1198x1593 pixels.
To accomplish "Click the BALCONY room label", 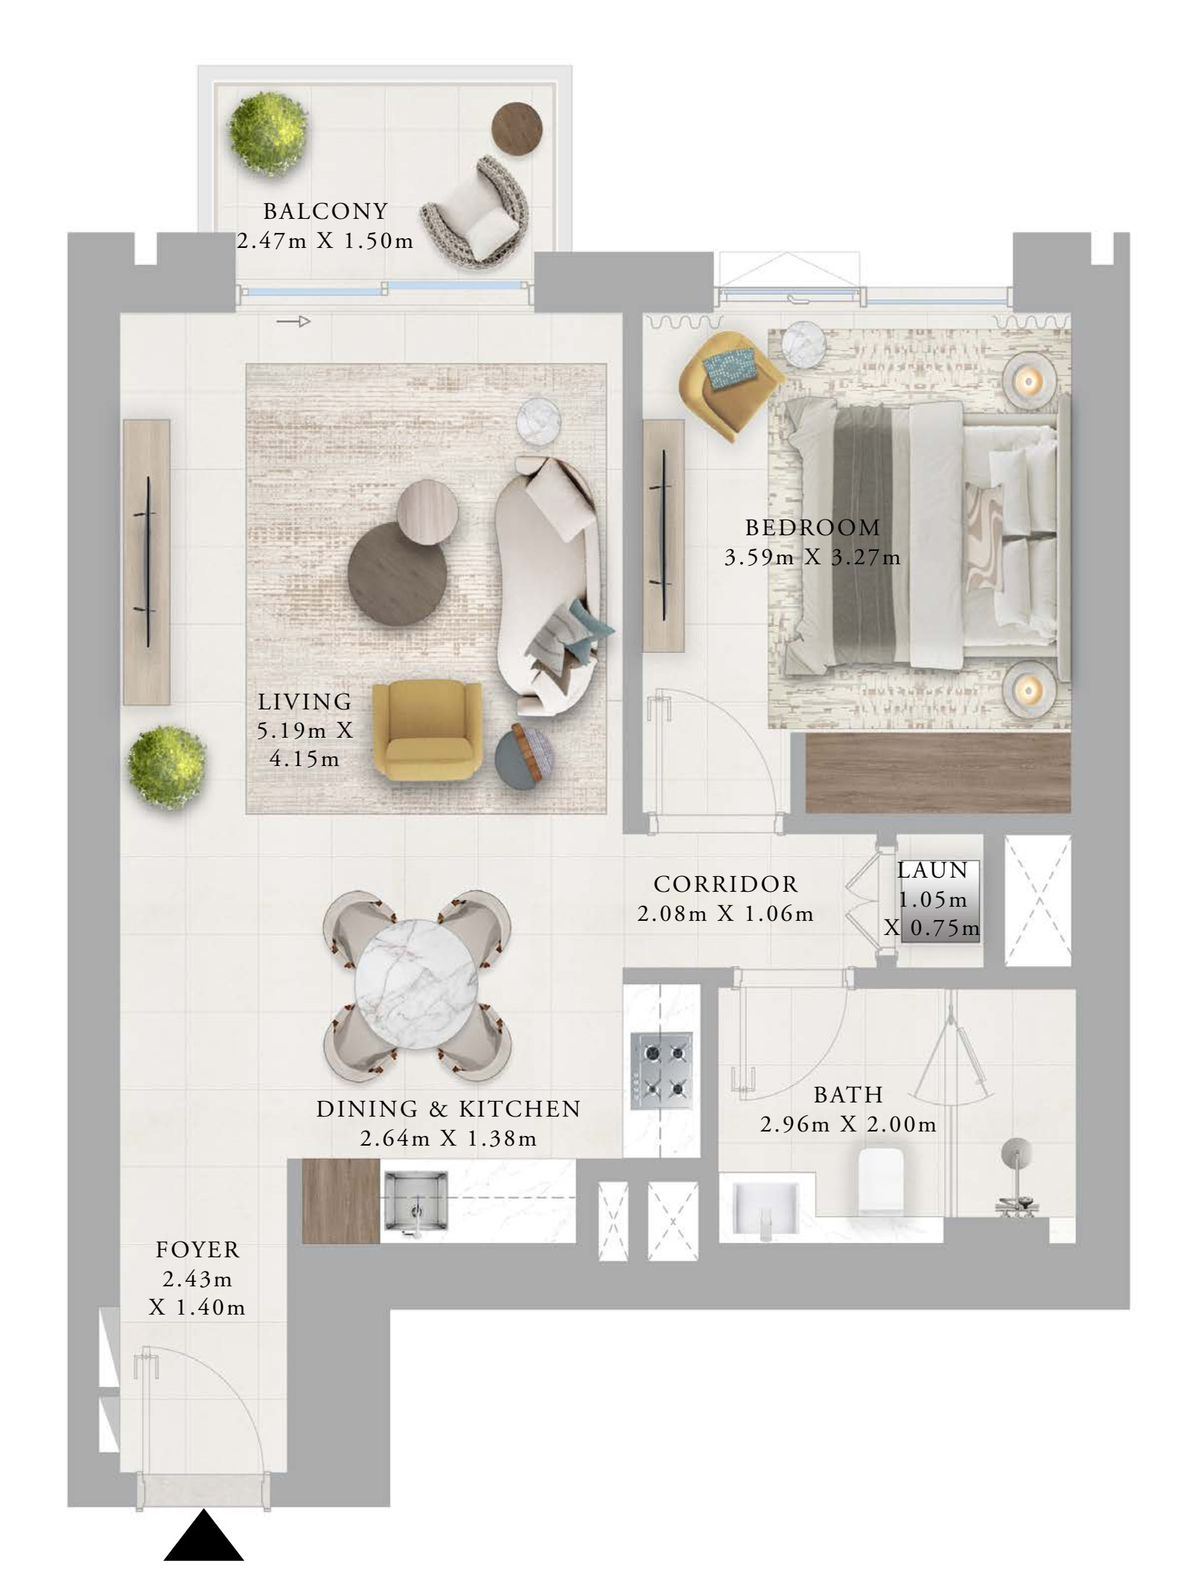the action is pyautogui.click(x=325, y=211).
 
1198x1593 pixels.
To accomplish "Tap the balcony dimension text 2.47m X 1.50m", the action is pyautogui.click(x=325, y=241).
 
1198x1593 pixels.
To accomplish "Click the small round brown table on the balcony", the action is pyautogui.click(x=517, y=128).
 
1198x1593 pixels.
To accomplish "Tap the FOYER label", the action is pyautogui.click(x=197, y=1250).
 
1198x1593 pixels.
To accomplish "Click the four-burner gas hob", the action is pyautogui.click(x=661, y=1069).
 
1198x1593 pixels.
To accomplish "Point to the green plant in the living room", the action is pyautogui.click(x=167, y=767).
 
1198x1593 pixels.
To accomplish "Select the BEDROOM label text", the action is pyautogui.click(x=813, y=528).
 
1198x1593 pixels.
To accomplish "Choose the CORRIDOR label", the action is pyautogui.click(x=725, y=884).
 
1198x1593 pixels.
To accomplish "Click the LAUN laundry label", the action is pyautogui.click(x=931, y=870).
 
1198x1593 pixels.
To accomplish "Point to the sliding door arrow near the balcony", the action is pyautogui.click(x=293, y=322).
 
